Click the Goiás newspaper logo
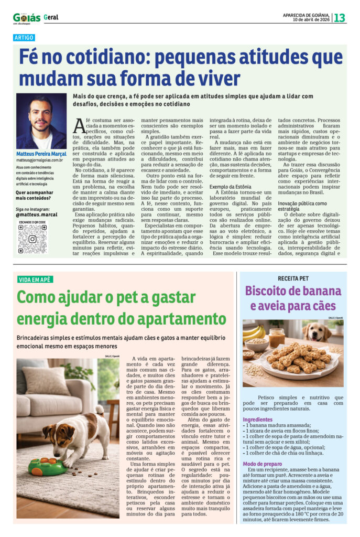coord(27,17)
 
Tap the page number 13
coord(340,17)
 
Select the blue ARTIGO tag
coord(25,38)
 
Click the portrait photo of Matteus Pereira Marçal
coord(41,121)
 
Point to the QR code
coord(32,239)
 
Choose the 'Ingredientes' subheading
coord(257,420)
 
